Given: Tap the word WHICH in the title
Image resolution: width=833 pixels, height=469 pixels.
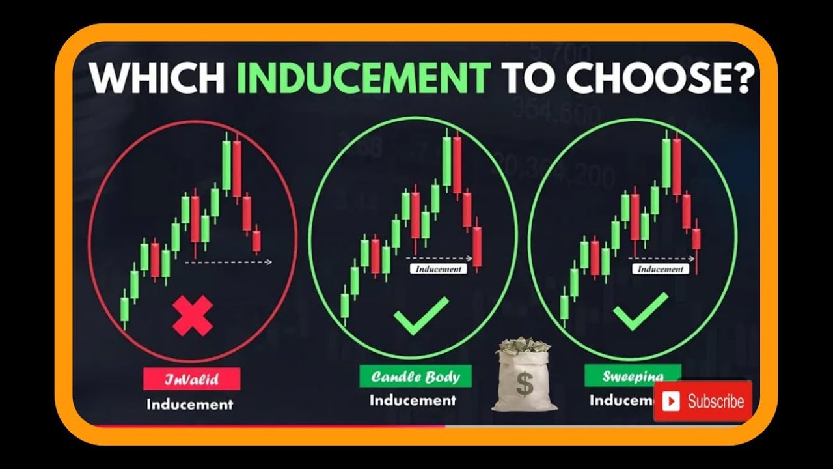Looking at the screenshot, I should [x=156, y=78].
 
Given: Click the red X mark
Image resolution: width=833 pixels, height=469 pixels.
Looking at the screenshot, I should [x=193, y=316].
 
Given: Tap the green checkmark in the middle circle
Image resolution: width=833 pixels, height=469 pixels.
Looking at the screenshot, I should [x=421, y=315].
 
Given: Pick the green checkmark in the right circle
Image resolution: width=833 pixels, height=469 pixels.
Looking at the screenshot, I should [x=640, y=311].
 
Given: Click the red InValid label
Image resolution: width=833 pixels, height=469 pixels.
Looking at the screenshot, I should [x=192, y=378].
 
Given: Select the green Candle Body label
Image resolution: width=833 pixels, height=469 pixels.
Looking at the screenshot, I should [x=415, y=377].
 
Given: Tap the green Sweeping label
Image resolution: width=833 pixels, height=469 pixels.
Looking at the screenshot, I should [x=633, y=377].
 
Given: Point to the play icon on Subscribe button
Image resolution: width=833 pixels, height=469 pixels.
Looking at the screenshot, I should [x=671, y=401].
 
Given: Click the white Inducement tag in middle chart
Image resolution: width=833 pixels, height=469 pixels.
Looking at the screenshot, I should [x=438, y=268].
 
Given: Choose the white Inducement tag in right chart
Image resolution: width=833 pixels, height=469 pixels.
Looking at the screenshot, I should [x=660, y=268].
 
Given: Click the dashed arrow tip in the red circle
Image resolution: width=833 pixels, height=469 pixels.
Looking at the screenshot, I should [x=269, y=262].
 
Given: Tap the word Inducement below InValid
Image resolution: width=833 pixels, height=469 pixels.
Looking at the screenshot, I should [x=190, y=405].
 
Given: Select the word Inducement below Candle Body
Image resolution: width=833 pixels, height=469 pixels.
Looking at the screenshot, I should [x=413, y=400].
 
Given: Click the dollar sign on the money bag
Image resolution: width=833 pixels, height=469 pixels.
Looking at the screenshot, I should [x=525, y=384].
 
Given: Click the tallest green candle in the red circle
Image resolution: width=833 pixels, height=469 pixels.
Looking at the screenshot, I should [x=226, y=164].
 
